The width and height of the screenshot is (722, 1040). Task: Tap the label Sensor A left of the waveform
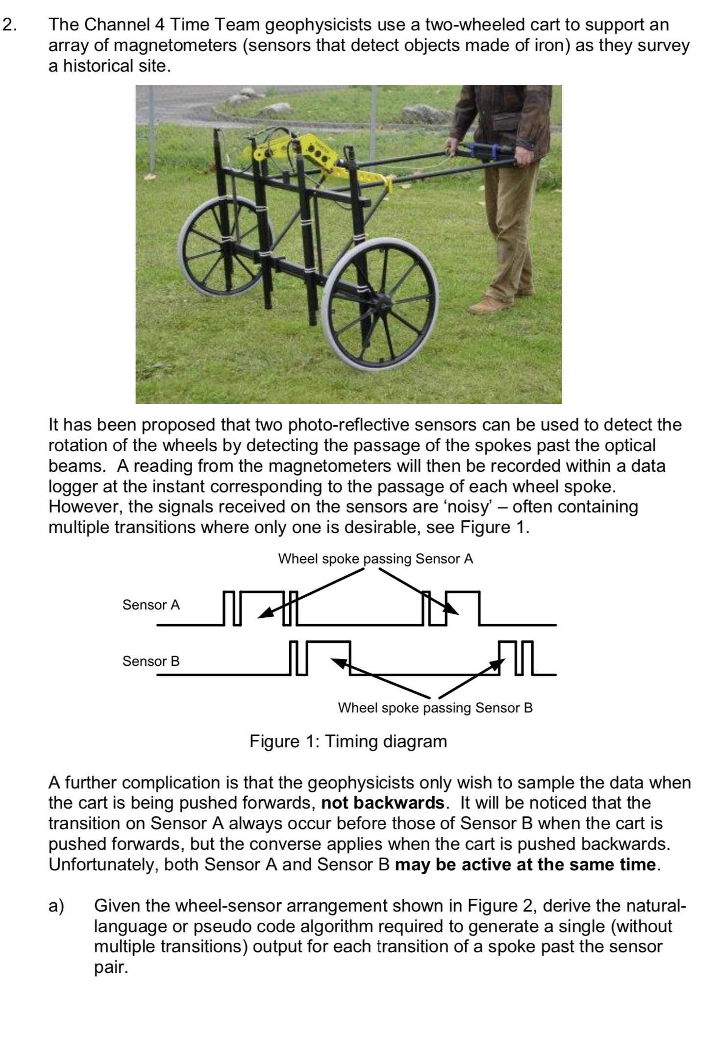(151, 605)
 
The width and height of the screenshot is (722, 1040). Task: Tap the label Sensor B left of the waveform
(151, 661)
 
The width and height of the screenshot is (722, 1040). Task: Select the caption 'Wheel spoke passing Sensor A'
(375, 559)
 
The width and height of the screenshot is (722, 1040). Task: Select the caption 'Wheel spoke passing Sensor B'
(435, 708)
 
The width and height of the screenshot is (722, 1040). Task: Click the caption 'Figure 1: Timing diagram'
(348, 741)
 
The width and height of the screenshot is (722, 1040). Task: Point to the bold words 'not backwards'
(382, 803)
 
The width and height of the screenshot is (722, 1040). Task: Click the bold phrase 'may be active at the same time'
(525, 864)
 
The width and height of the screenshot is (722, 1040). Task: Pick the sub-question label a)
(56, 906)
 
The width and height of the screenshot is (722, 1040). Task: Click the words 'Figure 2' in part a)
(501, 906)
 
